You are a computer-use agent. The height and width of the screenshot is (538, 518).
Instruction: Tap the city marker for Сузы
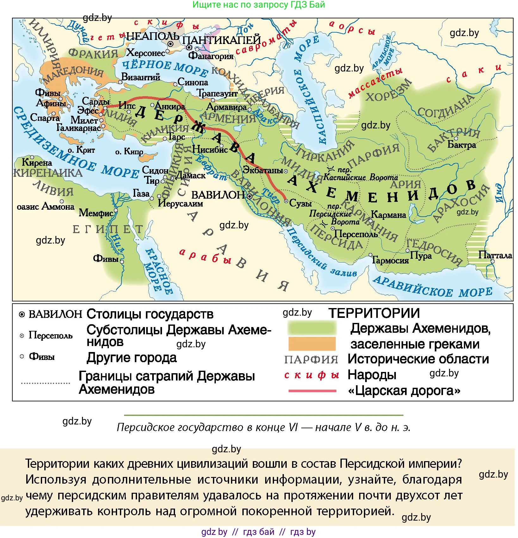[286, 201]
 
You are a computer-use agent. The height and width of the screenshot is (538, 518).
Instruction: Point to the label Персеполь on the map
[356, 234]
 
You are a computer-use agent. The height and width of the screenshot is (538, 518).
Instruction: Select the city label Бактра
[462, 145]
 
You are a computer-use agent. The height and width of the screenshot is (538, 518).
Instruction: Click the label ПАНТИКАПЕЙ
[222, 40]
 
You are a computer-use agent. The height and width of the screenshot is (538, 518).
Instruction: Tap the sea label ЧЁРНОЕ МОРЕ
[165, 67]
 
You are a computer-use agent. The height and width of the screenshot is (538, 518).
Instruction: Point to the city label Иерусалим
[180, 203]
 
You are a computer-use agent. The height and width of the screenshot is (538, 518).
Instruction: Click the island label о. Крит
[81, 150]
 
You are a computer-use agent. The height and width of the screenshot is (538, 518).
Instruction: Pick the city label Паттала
[495, 255]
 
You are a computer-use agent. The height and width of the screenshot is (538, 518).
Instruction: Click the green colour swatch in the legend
[312, 328]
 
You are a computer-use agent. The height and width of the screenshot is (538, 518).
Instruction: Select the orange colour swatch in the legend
[312, 344]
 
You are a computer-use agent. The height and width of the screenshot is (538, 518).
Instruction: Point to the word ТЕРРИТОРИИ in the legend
[374, 313]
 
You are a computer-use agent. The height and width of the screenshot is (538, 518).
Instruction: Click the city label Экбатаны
[263, 170]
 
